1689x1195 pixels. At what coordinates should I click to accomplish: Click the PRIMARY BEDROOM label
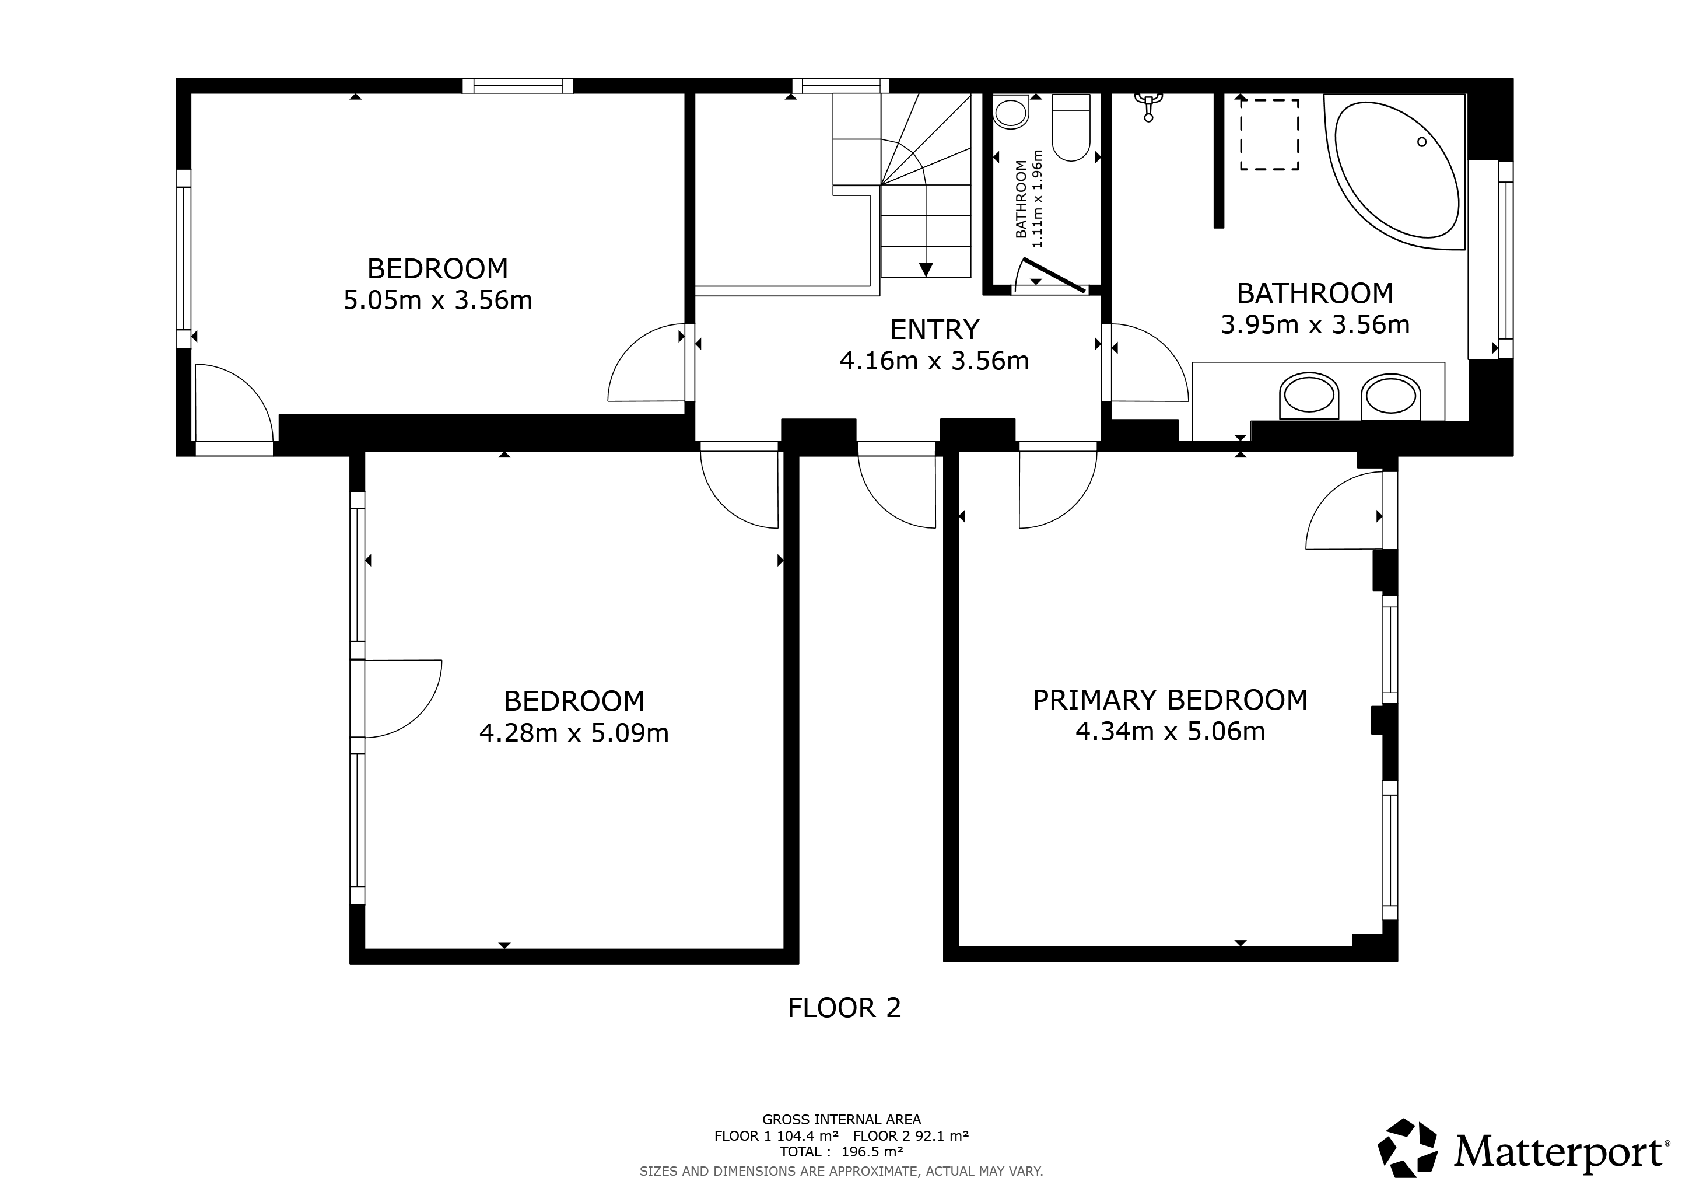tap(1170, 700)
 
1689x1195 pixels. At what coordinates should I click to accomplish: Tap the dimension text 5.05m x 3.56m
tap(437, 301)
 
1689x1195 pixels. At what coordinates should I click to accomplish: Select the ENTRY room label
tap(934, 330)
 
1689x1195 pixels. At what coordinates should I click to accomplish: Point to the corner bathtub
tap(1396, 170)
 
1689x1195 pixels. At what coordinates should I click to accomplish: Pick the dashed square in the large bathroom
tap(1270, 135)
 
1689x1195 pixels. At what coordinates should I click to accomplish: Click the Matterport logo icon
tap(1407, 1149)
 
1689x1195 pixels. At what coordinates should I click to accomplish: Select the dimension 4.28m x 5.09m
tap(574, 733)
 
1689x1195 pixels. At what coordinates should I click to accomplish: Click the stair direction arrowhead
tap(926, 270)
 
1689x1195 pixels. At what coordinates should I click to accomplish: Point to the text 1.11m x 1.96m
tap(1038, 198)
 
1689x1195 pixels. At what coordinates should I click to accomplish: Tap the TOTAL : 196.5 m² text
tap(842, 1152)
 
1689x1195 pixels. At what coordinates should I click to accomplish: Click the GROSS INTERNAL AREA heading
tap(842, 1120)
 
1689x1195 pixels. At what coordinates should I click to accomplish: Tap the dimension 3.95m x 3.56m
tap(1315, 324)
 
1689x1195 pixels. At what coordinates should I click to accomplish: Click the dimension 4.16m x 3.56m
tap(934, 361)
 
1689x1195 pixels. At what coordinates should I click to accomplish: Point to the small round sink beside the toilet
tap(1011, 113)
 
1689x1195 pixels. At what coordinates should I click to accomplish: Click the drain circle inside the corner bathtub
tap(1422, 141)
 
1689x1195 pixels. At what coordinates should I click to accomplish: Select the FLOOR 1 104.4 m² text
tap(776, 1135)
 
